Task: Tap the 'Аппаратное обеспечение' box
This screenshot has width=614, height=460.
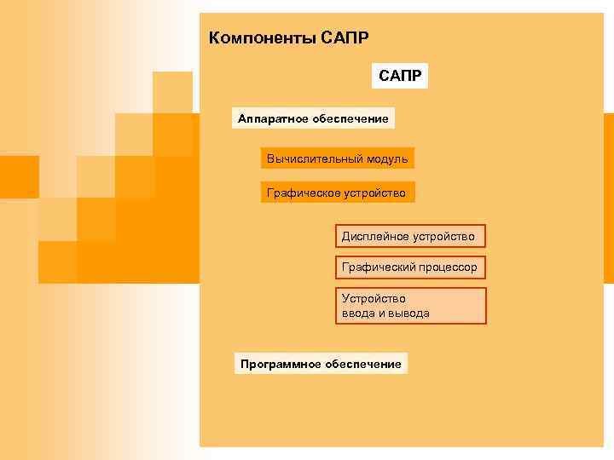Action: pyautogui.click(x=313, y=118)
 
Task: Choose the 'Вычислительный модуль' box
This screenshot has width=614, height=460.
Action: pyautogui.click(x=337, y=158)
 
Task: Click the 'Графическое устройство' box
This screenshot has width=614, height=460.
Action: pyautogui.click(x=337, y=193)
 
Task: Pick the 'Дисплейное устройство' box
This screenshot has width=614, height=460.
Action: pyautogui.click(x=408, y=235)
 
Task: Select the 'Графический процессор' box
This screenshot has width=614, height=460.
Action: pyautogui.click(x=409, y=267)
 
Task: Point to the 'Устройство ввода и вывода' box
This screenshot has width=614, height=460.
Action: pyautogui.click(x=409, y=306)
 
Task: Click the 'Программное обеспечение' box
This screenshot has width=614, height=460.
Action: pyautogui.click(x=321, y=364)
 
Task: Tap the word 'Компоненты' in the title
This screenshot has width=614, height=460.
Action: pyautogui.click(x=261, y=38)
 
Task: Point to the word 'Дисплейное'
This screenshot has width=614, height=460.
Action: pyautogui.click(x=372, y=235)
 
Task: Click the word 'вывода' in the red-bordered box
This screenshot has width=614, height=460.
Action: pyautogui.click(x=410, y=313)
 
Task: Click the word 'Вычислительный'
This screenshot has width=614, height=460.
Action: pyautogui.click(x=310, y=158)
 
